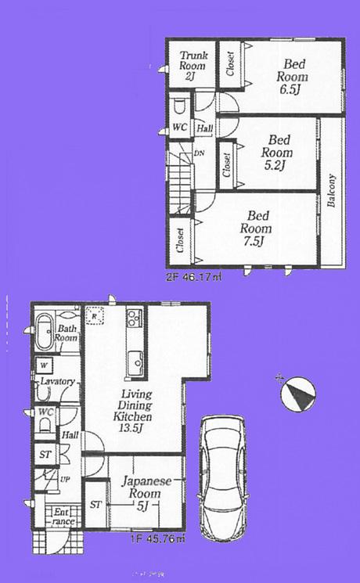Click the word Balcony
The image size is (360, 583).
coord(332,191)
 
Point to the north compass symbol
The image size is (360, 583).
coord(298,393)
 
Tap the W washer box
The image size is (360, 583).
coord(43,365)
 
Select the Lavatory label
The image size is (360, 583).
coord(58,381)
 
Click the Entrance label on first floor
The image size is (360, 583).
coord(63,517)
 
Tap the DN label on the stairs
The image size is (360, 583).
coord(199,154)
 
